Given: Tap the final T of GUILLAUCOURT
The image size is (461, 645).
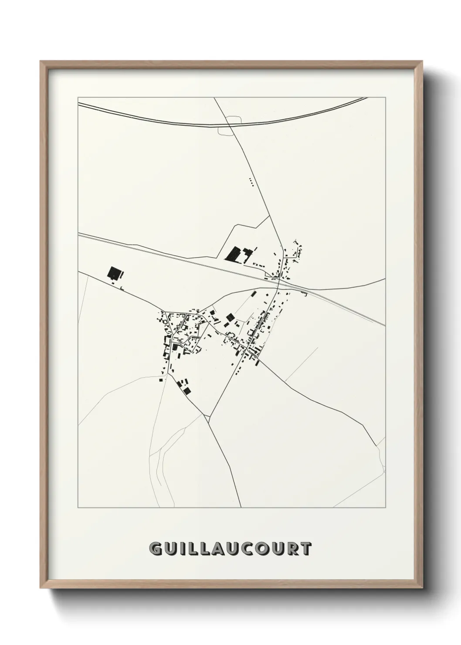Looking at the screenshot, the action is click(x=306, y=549).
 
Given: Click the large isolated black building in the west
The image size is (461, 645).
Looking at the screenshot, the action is click(x=114, y=273).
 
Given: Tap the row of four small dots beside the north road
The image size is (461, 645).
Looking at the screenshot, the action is click(x=251, y=182).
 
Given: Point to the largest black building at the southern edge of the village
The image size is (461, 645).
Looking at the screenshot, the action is click(x=187, y=390).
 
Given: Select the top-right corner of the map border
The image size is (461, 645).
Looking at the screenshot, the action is click(x=385, y=97).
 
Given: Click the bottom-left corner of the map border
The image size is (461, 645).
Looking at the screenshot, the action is click(x=78, y=508).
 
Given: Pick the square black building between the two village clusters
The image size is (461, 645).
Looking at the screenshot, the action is click(x=229, y=316).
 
